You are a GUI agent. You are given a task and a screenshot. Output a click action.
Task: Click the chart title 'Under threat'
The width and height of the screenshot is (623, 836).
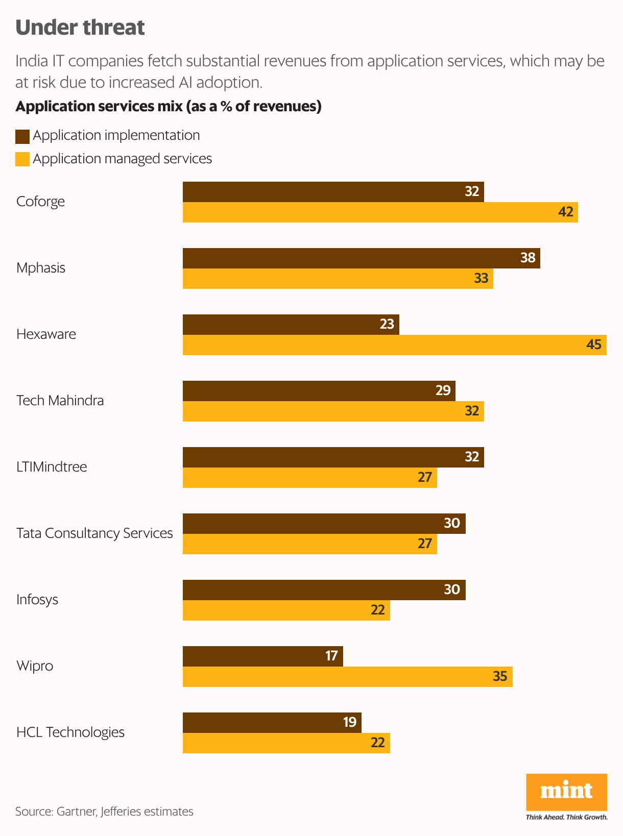point(80,28)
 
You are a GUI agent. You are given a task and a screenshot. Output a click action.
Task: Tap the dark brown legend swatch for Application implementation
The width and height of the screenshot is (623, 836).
point(22,136)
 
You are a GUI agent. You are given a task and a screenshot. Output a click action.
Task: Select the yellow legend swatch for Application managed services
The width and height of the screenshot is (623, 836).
point(22,159)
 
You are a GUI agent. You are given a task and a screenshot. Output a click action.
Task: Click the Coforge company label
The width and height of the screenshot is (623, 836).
point(40,202)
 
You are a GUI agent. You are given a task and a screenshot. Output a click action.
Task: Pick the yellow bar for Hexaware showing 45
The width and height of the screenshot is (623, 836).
point(394,345)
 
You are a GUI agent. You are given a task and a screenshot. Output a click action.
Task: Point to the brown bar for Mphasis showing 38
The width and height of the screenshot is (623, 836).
point(361,258)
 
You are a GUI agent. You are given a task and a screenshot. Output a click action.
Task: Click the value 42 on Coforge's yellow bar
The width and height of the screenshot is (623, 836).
point(566,212)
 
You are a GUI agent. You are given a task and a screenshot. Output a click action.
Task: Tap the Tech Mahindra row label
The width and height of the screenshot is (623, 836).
point(60,401)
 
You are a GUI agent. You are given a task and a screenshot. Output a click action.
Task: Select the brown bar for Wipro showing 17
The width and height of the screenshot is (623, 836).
point(262,656)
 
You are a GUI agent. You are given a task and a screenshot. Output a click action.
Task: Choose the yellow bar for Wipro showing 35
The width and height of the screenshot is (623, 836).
point(347,677)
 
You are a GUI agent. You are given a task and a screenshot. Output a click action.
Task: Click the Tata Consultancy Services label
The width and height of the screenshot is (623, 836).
point(94,533)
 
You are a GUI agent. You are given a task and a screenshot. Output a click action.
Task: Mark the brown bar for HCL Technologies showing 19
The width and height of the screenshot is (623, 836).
point(272,723)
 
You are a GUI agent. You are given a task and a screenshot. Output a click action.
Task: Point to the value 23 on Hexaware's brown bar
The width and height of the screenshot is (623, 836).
point(387,324)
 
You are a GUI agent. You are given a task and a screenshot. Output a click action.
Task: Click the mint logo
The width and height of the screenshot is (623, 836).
point(566,792)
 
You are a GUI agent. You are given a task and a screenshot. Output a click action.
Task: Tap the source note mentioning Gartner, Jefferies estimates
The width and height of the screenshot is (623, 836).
point(104,812)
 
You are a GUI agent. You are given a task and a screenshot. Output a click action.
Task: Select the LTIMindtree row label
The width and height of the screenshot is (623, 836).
point(52,467)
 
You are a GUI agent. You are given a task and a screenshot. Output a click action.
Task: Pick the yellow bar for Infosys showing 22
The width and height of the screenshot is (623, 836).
point(286,610)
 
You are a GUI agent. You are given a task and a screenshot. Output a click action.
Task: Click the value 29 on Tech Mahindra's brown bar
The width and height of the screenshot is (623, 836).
point(443,390)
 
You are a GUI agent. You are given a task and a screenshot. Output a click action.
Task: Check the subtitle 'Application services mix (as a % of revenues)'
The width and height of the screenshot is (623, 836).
point(169,106)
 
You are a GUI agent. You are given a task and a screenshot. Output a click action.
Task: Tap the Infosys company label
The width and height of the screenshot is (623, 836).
point(37,600)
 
